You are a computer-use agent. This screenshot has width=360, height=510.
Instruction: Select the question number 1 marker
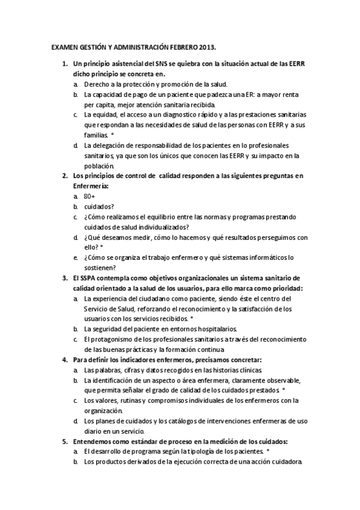coord(66,63)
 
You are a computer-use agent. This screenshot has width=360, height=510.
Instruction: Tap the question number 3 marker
coord(66,278)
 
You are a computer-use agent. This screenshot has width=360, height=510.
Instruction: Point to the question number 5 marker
coord(66,441)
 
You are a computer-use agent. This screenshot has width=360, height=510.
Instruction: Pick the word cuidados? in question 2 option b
coord(97,206)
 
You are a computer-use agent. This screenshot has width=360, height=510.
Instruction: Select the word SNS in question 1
coord(162,63)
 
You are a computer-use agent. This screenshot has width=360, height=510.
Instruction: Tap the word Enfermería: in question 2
coord(91,186)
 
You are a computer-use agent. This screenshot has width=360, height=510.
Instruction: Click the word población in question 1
coord(99,165)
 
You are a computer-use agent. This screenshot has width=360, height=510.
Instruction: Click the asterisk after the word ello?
coord(102,247)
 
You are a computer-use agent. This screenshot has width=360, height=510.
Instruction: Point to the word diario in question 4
coord(94,431)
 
